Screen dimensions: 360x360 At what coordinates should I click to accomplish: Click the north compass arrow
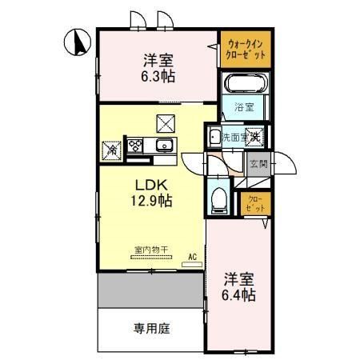coord(78,43)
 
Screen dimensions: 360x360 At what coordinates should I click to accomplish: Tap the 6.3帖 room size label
coord(159,77)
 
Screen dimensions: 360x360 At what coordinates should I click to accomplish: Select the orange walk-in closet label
coord(245,49)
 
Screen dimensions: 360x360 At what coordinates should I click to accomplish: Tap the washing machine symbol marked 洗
coord(255,137)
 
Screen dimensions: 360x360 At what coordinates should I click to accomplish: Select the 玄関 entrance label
coord(258,165)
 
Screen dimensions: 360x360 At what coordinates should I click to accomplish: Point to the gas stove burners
coord(135,146)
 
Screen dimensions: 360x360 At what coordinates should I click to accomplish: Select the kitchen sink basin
coord(165,146)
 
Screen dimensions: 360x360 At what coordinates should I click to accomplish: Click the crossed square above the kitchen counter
coord(165,122)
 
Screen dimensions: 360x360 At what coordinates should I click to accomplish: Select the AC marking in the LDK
coord(192,257)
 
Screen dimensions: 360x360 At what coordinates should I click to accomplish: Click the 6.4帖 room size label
coord(238,295)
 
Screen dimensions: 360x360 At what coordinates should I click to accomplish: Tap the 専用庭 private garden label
coord(150,328)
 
